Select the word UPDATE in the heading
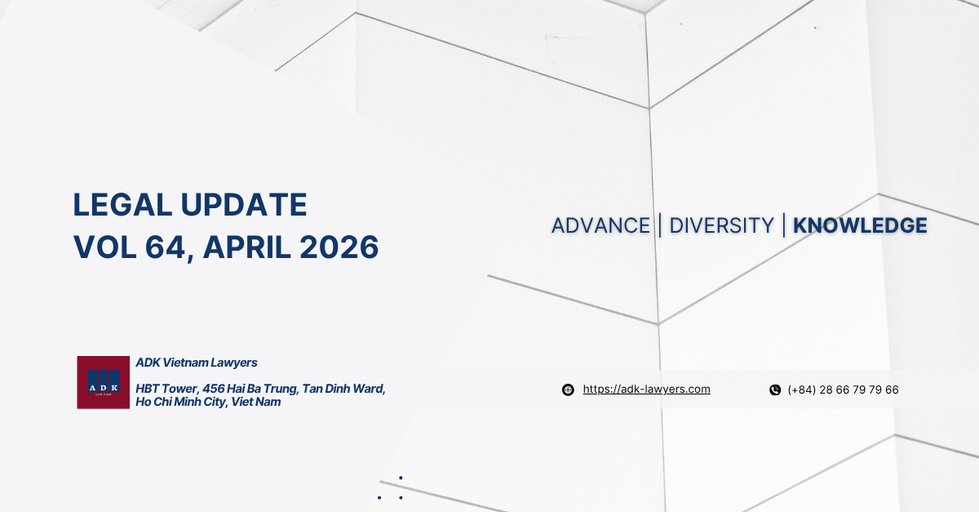click(246, 205)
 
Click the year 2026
click(343, 247)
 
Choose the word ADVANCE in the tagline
click(600, 225)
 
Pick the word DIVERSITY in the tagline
click(721, 225)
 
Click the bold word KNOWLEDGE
click(860, 225)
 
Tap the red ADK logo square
click(104, 382)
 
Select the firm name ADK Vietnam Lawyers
click(197, 363)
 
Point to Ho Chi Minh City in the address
click(180, 402)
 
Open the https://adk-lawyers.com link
click(646, 390)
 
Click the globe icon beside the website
click(568, 390)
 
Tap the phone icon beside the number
click(775, 390)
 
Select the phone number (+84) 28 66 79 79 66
click(843, 390)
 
